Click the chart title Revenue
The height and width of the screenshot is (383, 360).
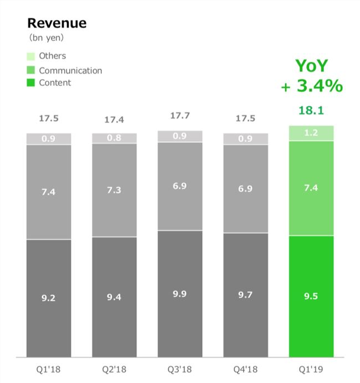[x=57, y=23]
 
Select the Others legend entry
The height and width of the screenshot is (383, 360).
[x=47, y=56]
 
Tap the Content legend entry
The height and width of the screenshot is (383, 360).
[x=50, y=83]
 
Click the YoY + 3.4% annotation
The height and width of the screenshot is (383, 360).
[x=311, y=76]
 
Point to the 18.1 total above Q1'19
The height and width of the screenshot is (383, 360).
[x=311, y=111]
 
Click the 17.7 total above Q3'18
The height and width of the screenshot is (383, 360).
[x=179, y=116]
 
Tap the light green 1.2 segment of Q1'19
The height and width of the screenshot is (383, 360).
[x=311, y=133]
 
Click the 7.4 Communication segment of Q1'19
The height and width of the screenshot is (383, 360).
[x=311, y=188]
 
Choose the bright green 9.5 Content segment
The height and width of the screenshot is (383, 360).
[x=311, y=296]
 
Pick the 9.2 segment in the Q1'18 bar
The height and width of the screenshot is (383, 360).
[x=49, y=298]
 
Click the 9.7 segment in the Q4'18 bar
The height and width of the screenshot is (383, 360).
[x=245, y=295]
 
